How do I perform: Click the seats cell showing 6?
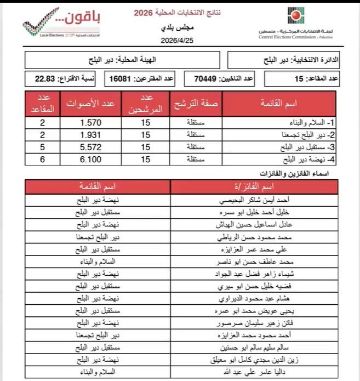[x=42, y=160]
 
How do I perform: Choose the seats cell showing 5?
[x=42, y=147]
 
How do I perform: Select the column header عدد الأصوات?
[x=90, y=103]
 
